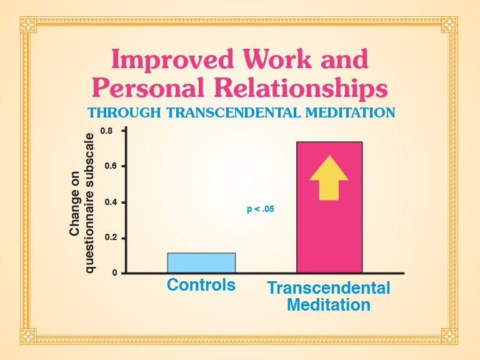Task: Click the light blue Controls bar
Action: pos(201,262)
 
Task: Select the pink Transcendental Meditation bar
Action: pos(329,207)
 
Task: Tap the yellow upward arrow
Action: pos(329,178)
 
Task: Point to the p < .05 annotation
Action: pos(261,209)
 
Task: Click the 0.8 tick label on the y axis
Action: pos(106,131)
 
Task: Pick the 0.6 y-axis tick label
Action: pos(111,166)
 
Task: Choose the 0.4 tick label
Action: pos(111,202)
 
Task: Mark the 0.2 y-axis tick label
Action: pos(111,238)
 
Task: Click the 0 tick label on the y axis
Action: pos(115,272)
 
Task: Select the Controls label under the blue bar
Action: pos(201,285)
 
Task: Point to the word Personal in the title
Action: pos(149,87)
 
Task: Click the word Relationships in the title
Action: pos(301,89)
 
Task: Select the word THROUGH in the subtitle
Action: pos(124,113)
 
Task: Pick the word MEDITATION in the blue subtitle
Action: pos(351,113)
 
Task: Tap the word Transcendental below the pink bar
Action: pos(329,288)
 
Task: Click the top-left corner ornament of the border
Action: pos(29,25)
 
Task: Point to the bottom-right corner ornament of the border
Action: pos(449,336)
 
